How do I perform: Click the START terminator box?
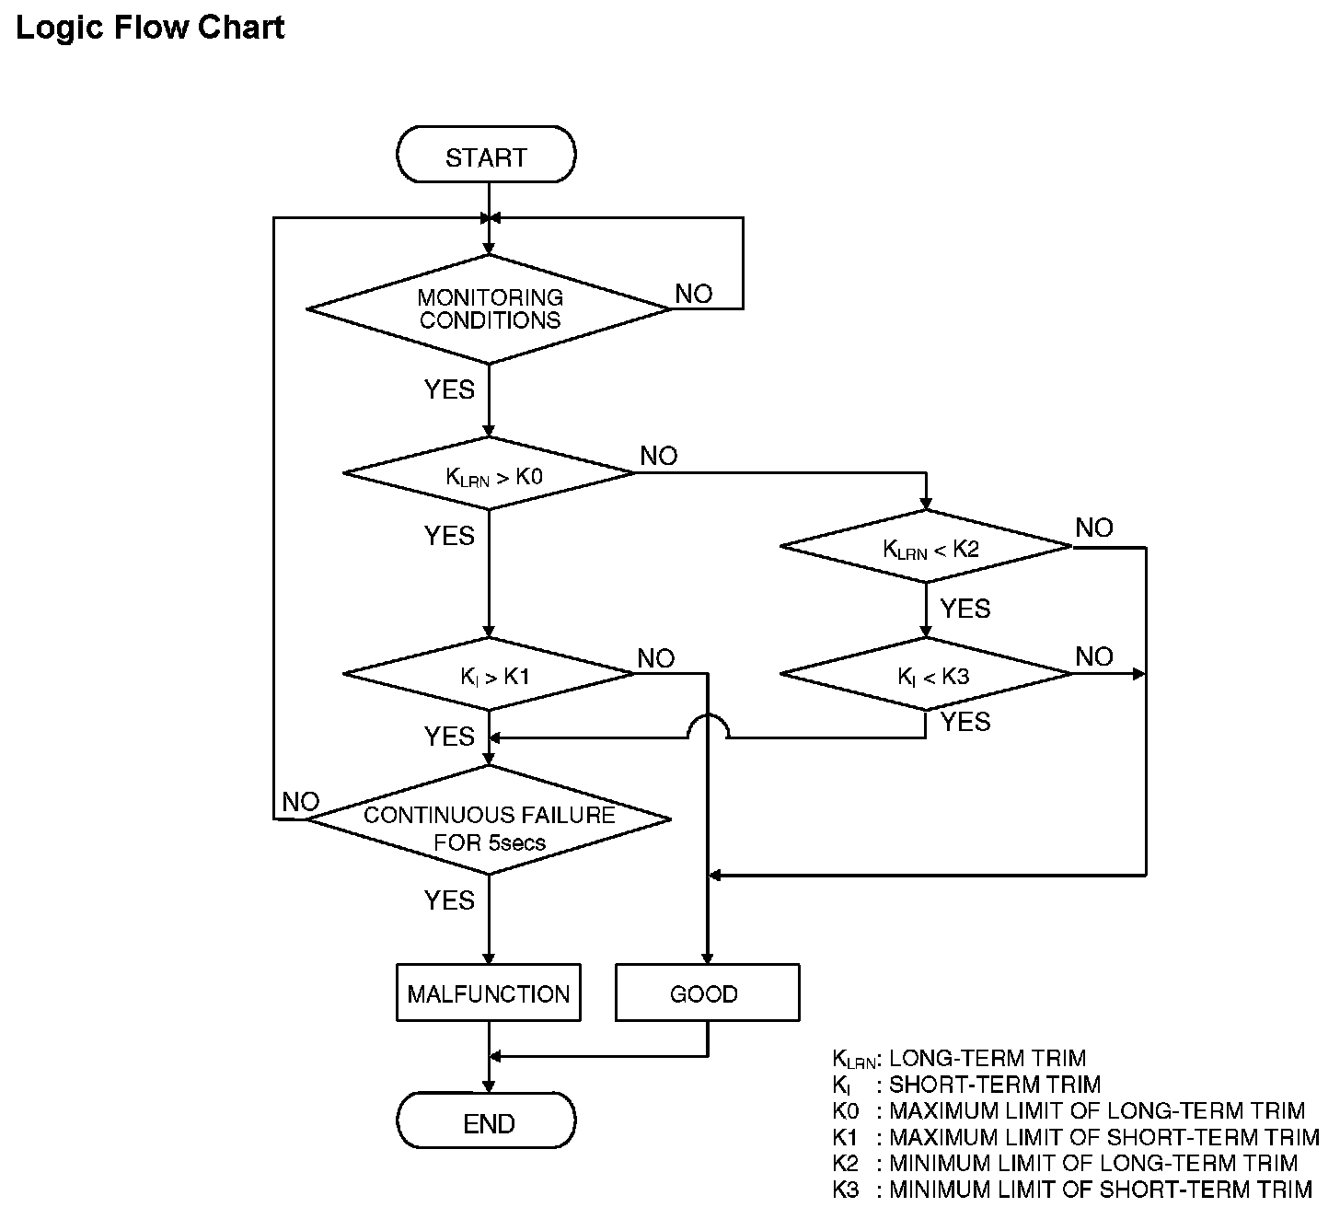[486, 155]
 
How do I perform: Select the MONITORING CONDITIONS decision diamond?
[489, 309]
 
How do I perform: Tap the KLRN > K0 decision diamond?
[489, 473]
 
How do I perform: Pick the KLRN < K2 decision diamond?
[926, 547]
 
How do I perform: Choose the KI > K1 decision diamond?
[489, 674]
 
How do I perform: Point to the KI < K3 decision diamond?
[926, 674]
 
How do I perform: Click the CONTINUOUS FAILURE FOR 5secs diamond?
[489, 819]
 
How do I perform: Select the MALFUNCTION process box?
[489, 993]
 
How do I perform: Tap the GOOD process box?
[708, 993]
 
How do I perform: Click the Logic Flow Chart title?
[150, 28]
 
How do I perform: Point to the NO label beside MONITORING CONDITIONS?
[693, 294]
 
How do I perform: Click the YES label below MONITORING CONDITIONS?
[449, 389]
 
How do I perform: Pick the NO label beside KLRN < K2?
[1094, 528]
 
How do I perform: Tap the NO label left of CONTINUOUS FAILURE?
[301, 801]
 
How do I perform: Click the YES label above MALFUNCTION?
[449, 900]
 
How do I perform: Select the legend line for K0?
[1069, 1110]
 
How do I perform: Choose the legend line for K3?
[1072, 1190]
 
